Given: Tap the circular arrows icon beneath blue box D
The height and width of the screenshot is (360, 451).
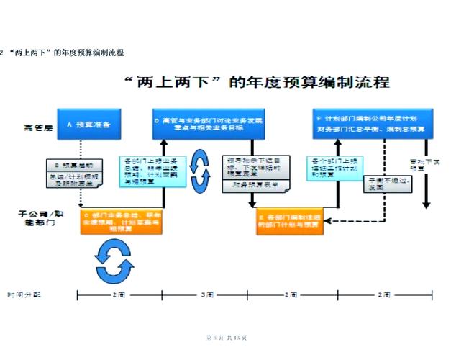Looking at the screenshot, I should click(x=199, y=167).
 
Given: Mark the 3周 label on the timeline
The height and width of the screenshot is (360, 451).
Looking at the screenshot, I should click(x=207, y=295).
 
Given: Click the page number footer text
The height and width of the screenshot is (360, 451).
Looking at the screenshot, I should click(x=226, y=337).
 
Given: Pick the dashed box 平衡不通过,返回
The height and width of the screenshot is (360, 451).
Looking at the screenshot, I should click(x=388, y=184).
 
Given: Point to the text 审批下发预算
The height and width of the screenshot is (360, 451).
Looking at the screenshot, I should click(x=424, y=166).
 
